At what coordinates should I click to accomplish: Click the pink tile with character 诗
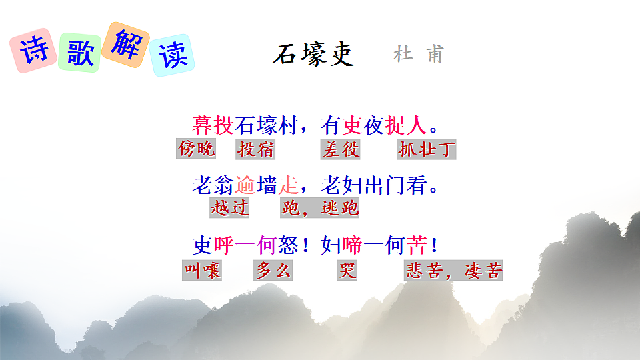coord(33,50)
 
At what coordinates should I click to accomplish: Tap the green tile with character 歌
coord(79,53)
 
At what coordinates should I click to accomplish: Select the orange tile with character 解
coord(125,43)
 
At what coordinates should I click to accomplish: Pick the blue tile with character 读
coord(171,55)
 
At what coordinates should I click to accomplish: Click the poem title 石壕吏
coord(313,54)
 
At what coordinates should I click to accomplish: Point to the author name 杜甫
coord(418,54)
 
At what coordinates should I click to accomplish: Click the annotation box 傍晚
coord(197,149)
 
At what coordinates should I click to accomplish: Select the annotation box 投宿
coord(255,149)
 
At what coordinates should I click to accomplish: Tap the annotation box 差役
coord(341,149)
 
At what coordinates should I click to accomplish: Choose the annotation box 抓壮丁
coord(427,149)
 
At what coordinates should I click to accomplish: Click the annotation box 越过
coord(229,208)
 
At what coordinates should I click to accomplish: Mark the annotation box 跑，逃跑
coord(320,208)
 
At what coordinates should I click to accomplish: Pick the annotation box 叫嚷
coord(202,271)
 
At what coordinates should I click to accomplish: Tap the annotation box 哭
coord(347,271)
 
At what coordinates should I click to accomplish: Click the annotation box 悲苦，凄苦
coord(453,271)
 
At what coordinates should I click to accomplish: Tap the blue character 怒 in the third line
coord(287,245)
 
